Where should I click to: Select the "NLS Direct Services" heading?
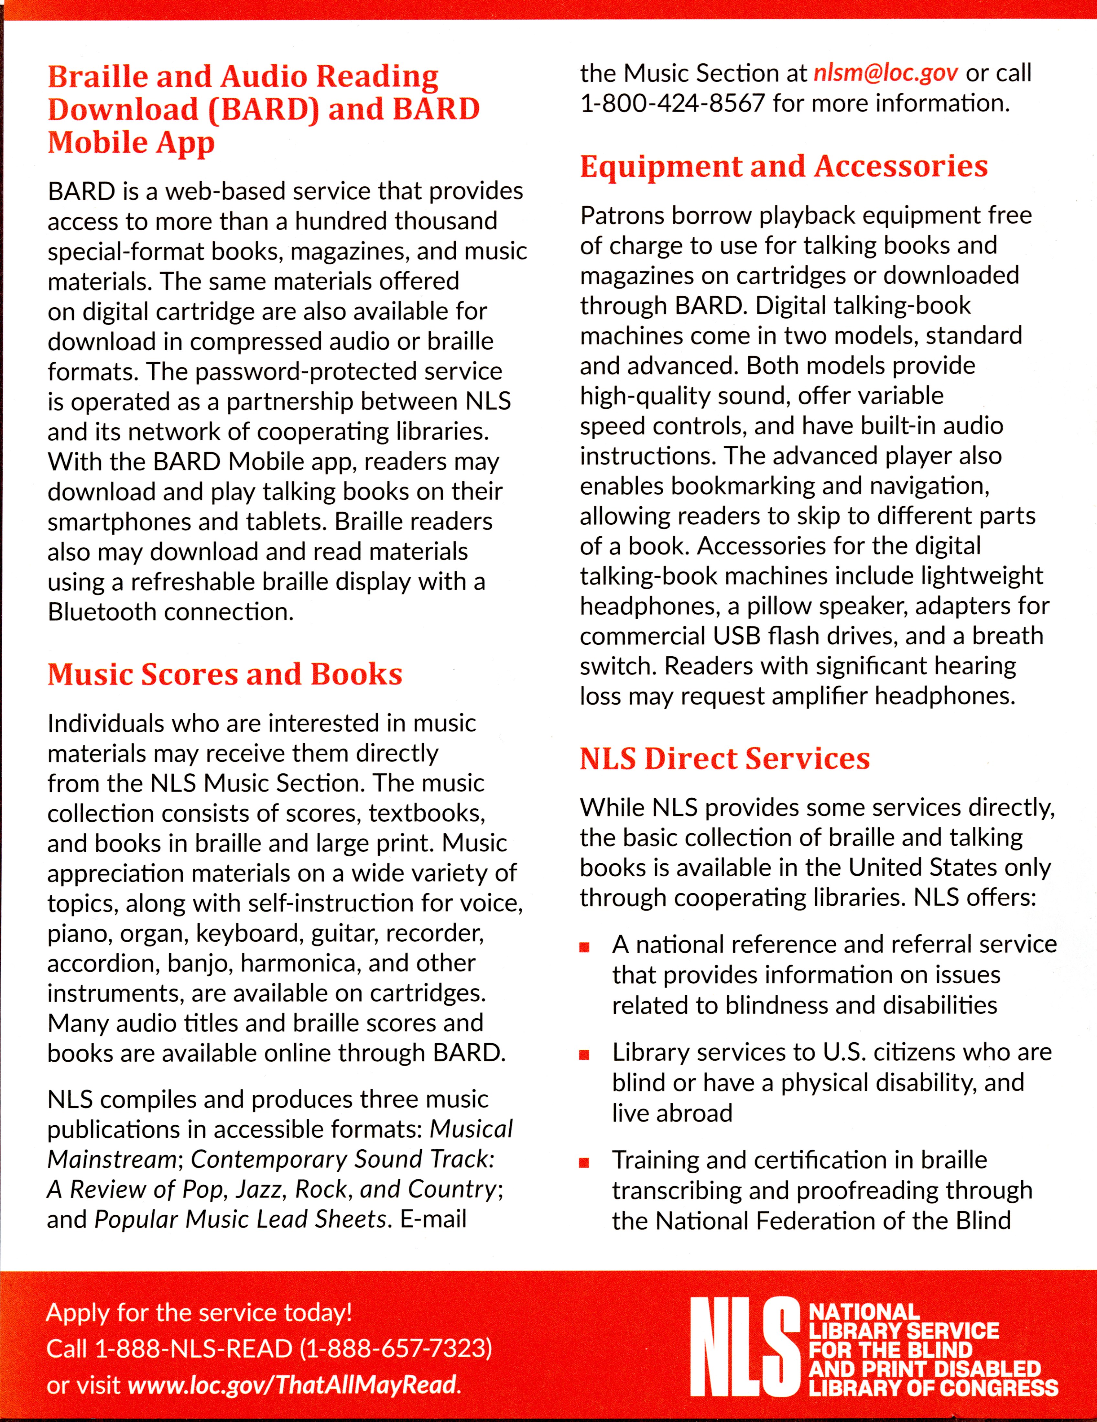[725, 759]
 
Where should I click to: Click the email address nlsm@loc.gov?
[885, 73]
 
